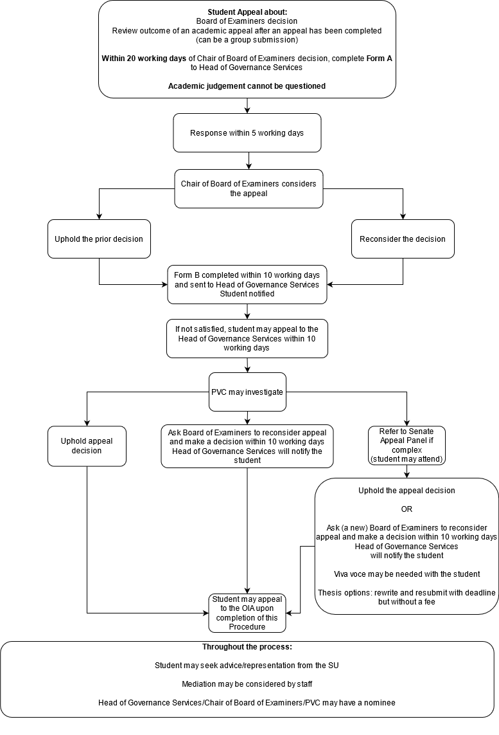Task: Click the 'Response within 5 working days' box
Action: tap(247, 133)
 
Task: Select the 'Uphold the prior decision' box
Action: tap(99, 239)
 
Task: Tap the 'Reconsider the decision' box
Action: tap(403, 239)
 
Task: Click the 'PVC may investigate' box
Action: tap(247, 392)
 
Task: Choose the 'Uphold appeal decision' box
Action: tap(87, 446)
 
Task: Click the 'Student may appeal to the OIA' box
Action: tap(247, 613)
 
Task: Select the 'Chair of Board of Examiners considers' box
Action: tap(249, 188)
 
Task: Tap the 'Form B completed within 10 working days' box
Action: tap(247, 284)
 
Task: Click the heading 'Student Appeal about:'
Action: tap(247, 12)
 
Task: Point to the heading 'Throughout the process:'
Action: tap(247, 647)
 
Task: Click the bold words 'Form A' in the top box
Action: tap(379, 58)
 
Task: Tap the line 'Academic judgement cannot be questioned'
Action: tap(247, 86)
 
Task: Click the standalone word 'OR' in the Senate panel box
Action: tap(407, 509)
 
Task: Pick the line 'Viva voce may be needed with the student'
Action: tap(407, 574)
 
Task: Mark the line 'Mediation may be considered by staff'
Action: tap(247, 684)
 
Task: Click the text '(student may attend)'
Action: tap(407, 459)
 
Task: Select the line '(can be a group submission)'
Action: tap(247, 39)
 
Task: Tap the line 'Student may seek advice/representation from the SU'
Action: tap(247, 666)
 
